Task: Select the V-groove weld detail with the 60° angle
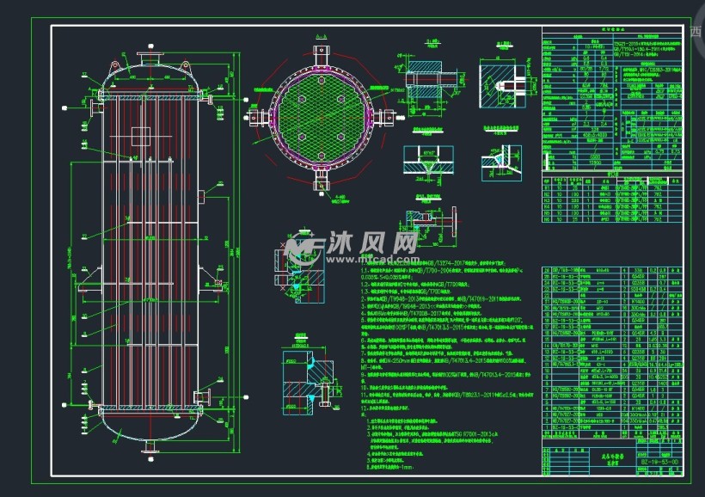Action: click(427, 161)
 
